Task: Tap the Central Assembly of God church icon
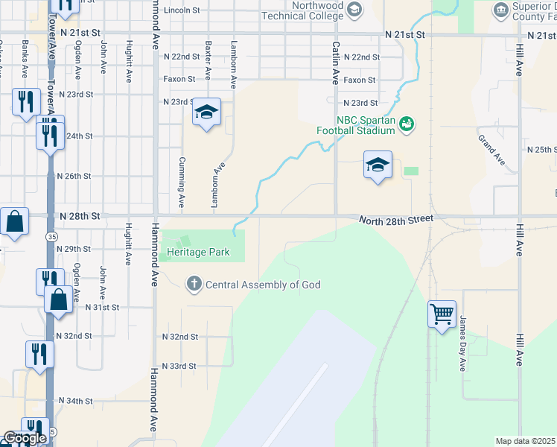(194, 284)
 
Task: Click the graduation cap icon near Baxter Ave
(206, 112)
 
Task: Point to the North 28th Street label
(395, 220)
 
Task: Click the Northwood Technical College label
(302, 10)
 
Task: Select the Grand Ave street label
(491, 150)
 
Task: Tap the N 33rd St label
(179, 367)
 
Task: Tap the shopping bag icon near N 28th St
(14, 221)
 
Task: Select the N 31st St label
(102, 307)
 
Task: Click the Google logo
(24, 438)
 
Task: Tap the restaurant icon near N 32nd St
(37, 355)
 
